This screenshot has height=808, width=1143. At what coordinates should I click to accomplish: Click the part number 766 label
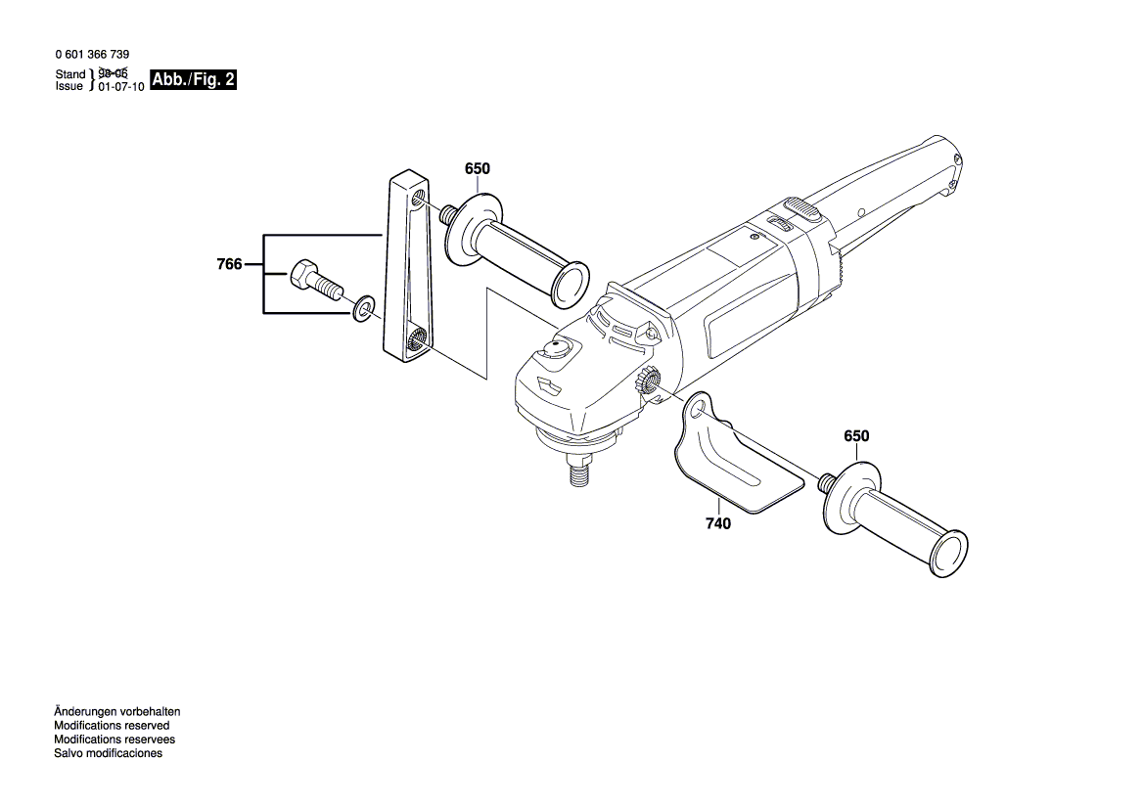(229, 264)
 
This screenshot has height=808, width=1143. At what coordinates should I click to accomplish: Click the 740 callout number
(717, 524)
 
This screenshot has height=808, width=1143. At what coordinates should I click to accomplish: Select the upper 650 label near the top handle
(477, 169)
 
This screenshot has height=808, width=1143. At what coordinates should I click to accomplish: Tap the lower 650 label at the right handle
(856, 435)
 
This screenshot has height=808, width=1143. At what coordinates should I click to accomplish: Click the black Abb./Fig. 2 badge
(194, 80)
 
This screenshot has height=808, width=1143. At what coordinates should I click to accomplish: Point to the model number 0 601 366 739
(93, 55)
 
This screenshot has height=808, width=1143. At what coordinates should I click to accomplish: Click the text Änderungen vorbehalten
(117, 712)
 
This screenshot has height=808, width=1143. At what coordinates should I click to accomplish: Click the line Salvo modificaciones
(108, 753)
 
